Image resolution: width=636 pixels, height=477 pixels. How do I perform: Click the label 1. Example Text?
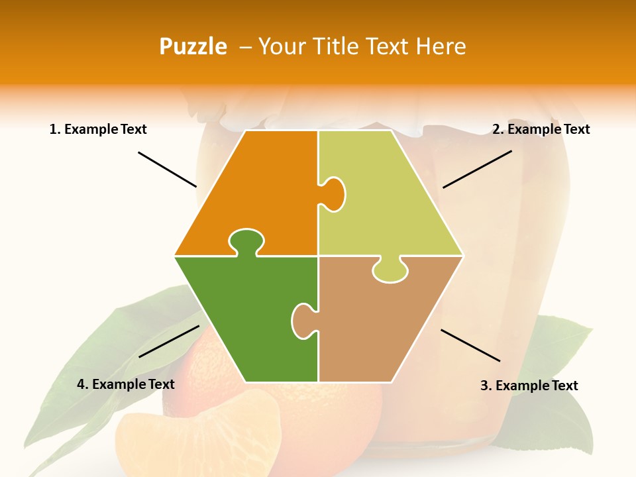click(98, 129)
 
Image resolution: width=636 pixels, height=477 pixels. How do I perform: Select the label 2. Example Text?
click(541, 129)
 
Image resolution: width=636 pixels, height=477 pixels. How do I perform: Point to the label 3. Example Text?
click(529, 386)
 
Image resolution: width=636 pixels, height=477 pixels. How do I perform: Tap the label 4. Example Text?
click(126, 384)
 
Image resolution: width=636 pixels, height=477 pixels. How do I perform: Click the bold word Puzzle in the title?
click(193, 46)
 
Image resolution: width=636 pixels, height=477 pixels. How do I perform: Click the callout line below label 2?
click(477, 169)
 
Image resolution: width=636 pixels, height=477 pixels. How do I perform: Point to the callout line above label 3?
click(470, 345)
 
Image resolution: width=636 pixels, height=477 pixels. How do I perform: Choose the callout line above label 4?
click(169, 341)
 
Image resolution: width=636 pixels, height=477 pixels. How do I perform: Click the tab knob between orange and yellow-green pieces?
click(333, 194)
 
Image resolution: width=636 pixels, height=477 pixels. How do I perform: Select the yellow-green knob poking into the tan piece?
click(390, 270)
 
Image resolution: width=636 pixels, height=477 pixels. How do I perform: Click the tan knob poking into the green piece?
click(303, 321)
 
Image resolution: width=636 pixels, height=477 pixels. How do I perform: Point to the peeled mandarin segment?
click(199, 434)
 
